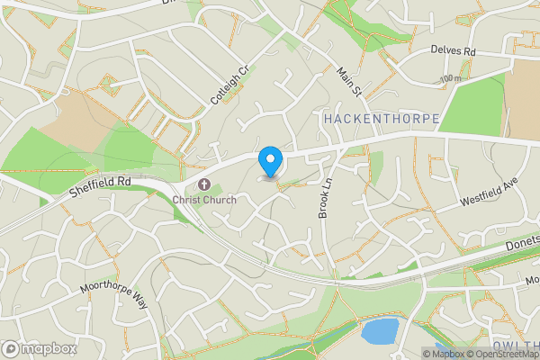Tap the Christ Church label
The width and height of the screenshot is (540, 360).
[x=205, y=200]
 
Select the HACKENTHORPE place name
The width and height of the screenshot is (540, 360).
[x=381, y=119]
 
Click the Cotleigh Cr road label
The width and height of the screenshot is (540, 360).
[x=229, y=84]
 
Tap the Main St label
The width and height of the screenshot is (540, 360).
[x=348, y=80]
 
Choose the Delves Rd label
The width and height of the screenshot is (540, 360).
[x=452, y=50]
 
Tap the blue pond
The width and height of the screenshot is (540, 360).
[x=379, y=331]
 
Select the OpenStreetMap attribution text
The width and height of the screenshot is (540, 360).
[x=502, y=354]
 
